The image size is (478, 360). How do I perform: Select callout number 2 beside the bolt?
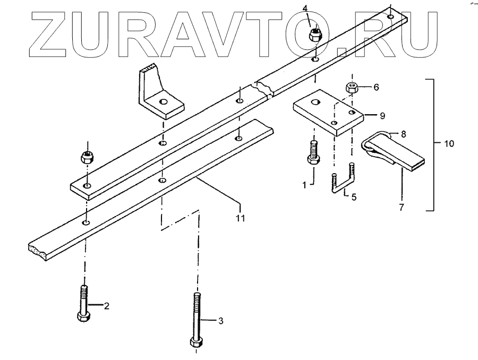106,306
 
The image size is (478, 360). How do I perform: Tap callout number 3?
221,320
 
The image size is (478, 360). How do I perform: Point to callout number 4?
305,7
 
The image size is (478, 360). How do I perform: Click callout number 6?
377,87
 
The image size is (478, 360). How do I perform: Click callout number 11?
240,218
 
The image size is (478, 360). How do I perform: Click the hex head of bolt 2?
83,316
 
